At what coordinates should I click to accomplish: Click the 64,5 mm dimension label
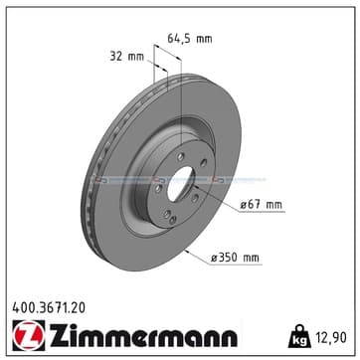(x=189, y=39)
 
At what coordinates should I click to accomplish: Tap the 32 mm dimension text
(x=127, y=57)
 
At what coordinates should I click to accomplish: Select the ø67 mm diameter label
(x=262, y=205)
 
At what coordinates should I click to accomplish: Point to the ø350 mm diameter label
(x=236, y=258)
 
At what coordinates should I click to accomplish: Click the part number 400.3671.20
(x=49, y=308)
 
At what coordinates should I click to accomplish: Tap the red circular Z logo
(x=29, y=335)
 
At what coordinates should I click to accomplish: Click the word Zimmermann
(x=143, y=335)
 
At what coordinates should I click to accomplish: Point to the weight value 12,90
(x=330, y=337)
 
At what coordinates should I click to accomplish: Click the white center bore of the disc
(x=181, y=184)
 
